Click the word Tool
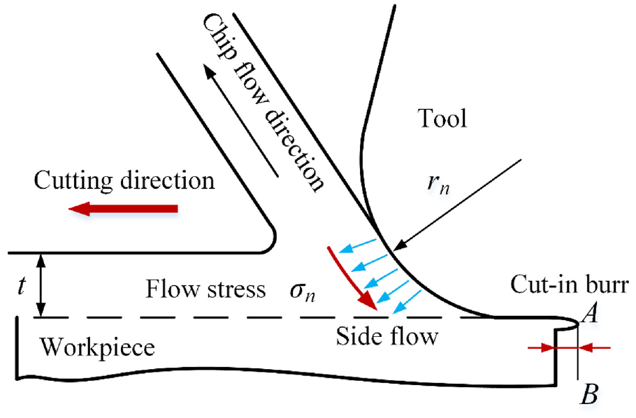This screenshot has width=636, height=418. (442, 118)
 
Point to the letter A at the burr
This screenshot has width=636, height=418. (589, 314)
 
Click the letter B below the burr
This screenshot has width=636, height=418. (589, 394)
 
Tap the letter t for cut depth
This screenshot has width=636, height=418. (22, 286)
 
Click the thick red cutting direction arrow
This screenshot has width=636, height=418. (123, 208)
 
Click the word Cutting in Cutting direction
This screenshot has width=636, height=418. (73, 180)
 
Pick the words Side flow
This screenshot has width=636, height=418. (387, 336)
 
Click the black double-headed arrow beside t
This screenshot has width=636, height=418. (41, 285)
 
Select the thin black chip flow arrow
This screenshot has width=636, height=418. (241, 122)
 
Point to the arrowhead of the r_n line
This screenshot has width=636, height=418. (399, 246)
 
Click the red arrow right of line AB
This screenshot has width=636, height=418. (595, 347)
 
